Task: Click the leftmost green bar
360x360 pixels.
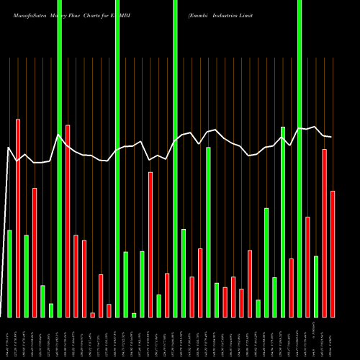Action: (x=9, y=274)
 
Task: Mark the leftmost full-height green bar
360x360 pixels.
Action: (x=59, y=158)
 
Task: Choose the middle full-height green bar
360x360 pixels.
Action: (x=175, y=158)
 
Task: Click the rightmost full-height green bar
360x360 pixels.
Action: (x=300, y=158)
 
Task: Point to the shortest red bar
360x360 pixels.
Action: (x=92, y=315)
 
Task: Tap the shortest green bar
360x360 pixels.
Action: (x=134, y=315)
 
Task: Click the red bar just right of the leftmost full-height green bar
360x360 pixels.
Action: (x=68, y=220)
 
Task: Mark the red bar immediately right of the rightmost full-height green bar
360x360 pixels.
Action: (x=307, y=266)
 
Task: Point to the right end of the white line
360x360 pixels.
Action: (x=331, y=137)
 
